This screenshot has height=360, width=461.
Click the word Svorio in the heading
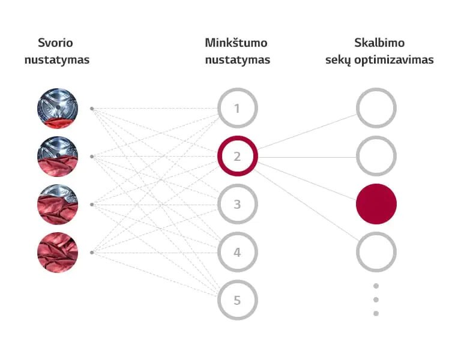55,43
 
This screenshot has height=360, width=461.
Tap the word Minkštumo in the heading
236,43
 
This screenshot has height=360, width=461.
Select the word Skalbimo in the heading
379,43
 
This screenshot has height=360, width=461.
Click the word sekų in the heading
340,60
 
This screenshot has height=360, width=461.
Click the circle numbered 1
237,109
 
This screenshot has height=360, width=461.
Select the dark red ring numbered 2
237,157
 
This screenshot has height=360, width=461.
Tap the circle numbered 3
237,205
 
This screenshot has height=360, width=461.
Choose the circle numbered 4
237,253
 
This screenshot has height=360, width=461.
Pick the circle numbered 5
237,300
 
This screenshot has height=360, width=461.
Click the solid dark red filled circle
376,204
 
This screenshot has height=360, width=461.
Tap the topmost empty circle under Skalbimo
376,109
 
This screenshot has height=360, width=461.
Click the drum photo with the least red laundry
58,109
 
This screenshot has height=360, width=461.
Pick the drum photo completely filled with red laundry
58,252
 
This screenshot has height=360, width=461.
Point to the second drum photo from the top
58,157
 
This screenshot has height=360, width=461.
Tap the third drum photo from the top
58,205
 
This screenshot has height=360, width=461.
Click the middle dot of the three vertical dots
376,299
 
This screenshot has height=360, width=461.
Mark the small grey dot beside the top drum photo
91,109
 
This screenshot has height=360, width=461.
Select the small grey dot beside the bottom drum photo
91,252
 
